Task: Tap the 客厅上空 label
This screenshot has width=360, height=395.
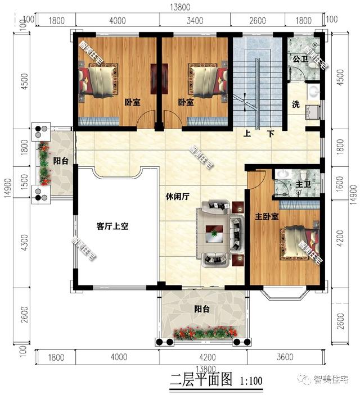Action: coord(112,226)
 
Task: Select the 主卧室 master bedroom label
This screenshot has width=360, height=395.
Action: coord(267,216)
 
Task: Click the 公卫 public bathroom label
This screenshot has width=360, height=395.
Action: coord(299,58)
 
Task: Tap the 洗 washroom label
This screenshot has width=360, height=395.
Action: coord(295,105)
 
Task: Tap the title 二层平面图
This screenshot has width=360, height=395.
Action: coord(201,380)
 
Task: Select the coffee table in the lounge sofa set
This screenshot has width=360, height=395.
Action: coord(214,233)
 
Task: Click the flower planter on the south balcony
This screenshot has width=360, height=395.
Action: coord(203,334)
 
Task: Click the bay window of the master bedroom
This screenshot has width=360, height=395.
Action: coord(287,292)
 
